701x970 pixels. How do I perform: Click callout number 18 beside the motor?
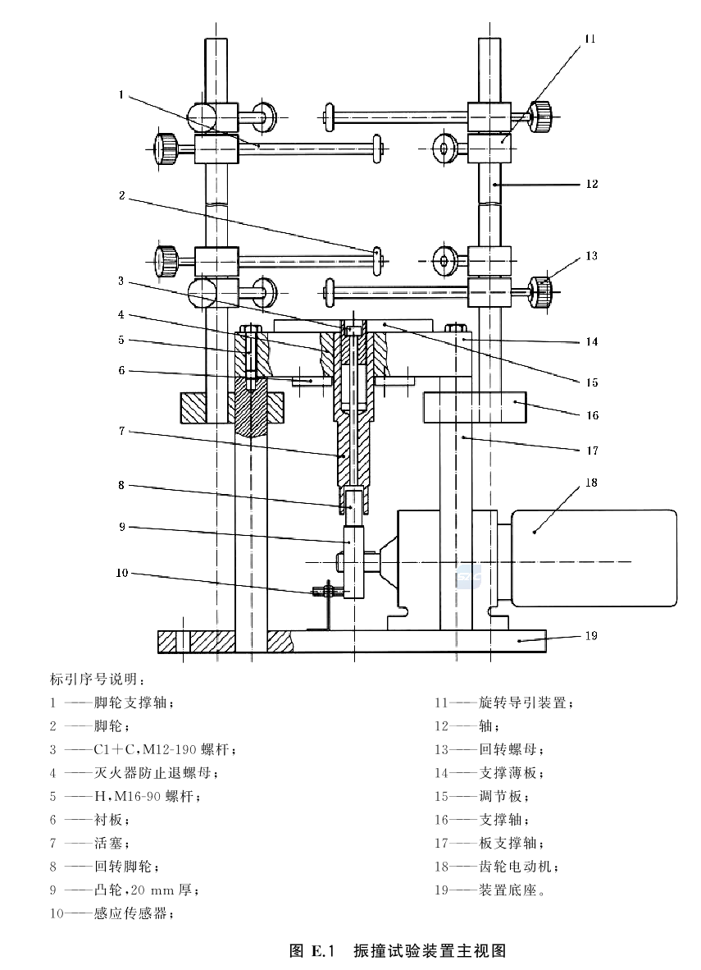[592, 483]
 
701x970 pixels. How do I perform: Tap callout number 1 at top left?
[121, 95]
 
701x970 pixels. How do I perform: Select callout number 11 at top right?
[591, 39]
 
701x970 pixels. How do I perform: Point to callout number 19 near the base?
[592, 635]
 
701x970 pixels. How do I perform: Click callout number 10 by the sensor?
[122, 572]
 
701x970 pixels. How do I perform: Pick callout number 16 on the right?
[592, 415]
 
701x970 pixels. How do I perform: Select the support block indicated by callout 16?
[475, 405]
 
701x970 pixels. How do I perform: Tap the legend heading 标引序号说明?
[98, 679]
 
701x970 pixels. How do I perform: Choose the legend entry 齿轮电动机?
[519, 866]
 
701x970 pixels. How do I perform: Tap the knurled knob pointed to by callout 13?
[540, 289]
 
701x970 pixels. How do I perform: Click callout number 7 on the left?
[121, 430]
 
